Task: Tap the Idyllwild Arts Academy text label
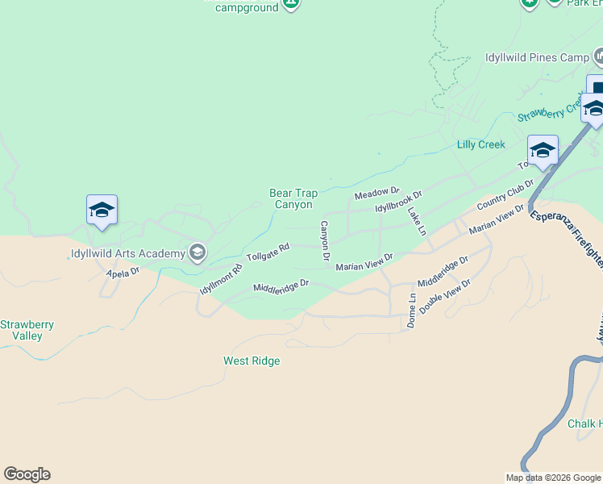tap(127, 254)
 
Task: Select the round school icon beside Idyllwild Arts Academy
tap(196, 253)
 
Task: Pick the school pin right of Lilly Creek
tap(543, 150)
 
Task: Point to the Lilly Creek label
tap(481, 144)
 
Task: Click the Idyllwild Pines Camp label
tap(537, 58)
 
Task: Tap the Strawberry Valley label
tap(27, 330)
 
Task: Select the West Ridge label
tap(252, 361)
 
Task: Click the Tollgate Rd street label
tap(268, 252)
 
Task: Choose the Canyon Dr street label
tap(325, 240)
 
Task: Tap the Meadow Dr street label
tap(377, 194)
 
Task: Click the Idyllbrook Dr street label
tap(399, 202)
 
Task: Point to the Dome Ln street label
tap(412, 308)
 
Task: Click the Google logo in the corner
tap(27, 474)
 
